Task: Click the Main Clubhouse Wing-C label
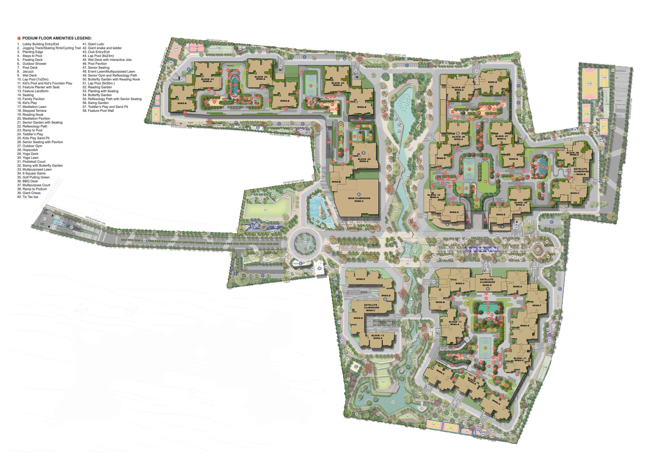(x=359, y=199)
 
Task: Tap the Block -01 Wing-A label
(x=207, y=80)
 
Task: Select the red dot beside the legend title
(x=19, y=38)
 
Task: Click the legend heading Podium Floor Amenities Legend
(x=57, y=38)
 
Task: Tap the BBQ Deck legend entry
(x=30, y=181)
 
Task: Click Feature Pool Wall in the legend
(x=101, y=111)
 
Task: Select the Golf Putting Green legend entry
(x=36, y=177)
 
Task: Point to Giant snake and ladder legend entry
(x=105, y=48)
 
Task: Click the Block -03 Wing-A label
(x=337, y=84)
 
